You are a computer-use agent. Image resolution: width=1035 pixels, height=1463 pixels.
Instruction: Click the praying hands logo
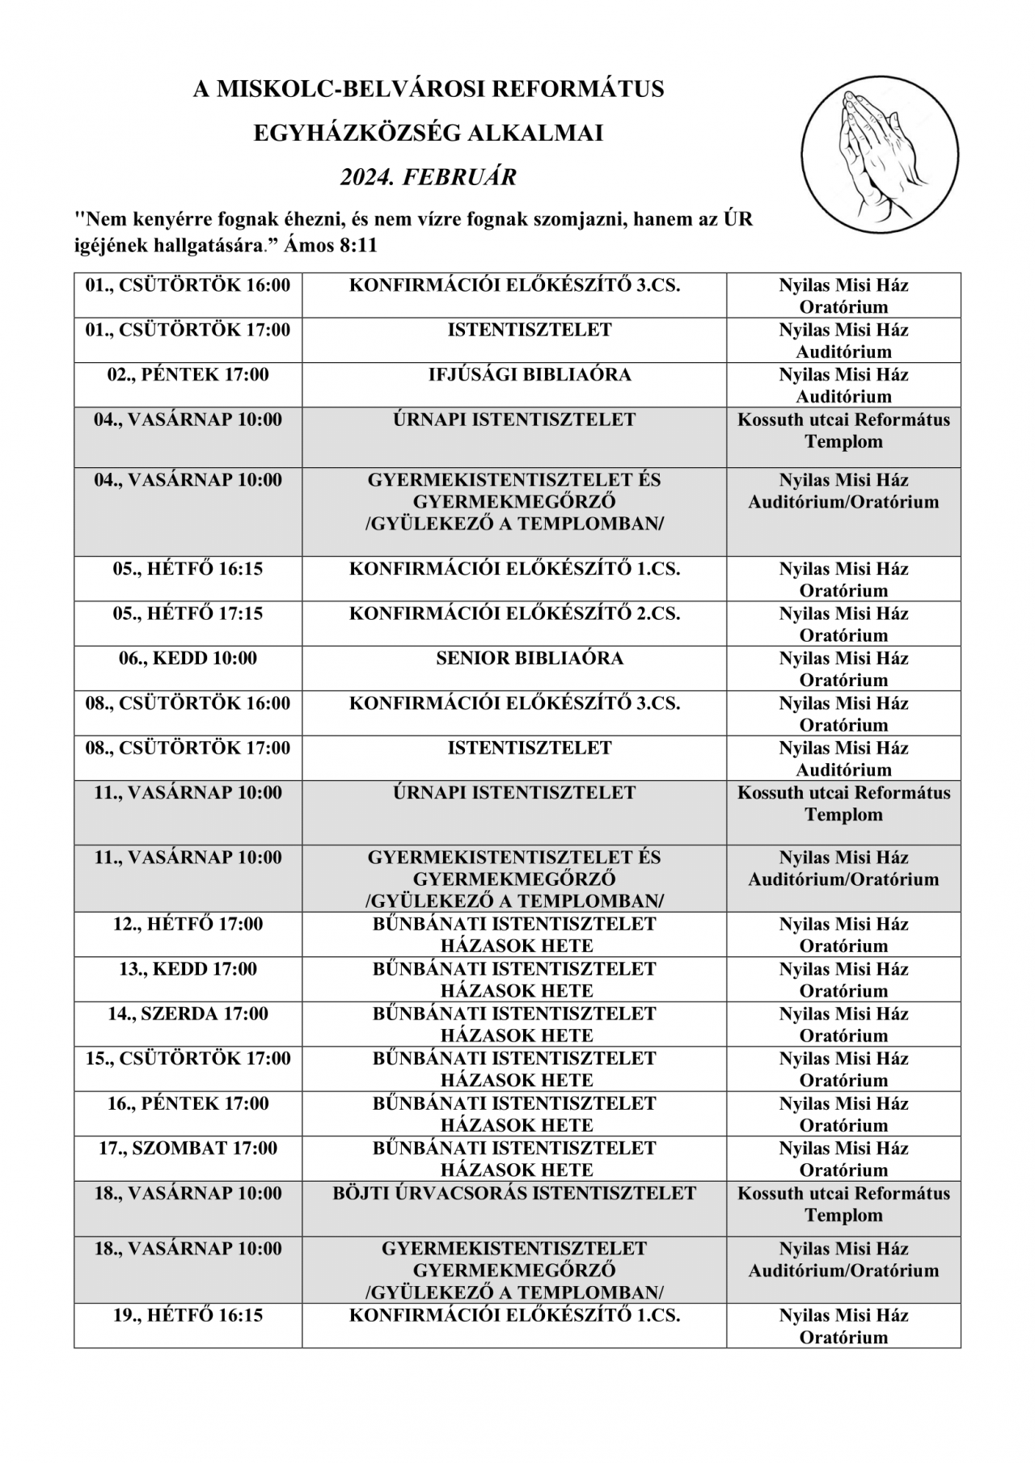(x=879, y=154)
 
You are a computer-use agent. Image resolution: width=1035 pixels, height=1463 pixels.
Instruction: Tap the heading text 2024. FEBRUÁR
(x=428, y=177)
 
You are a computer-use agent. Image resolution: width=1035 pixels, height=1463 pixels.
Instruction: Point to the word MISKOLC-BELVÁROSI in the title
(x=351, y=89)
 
